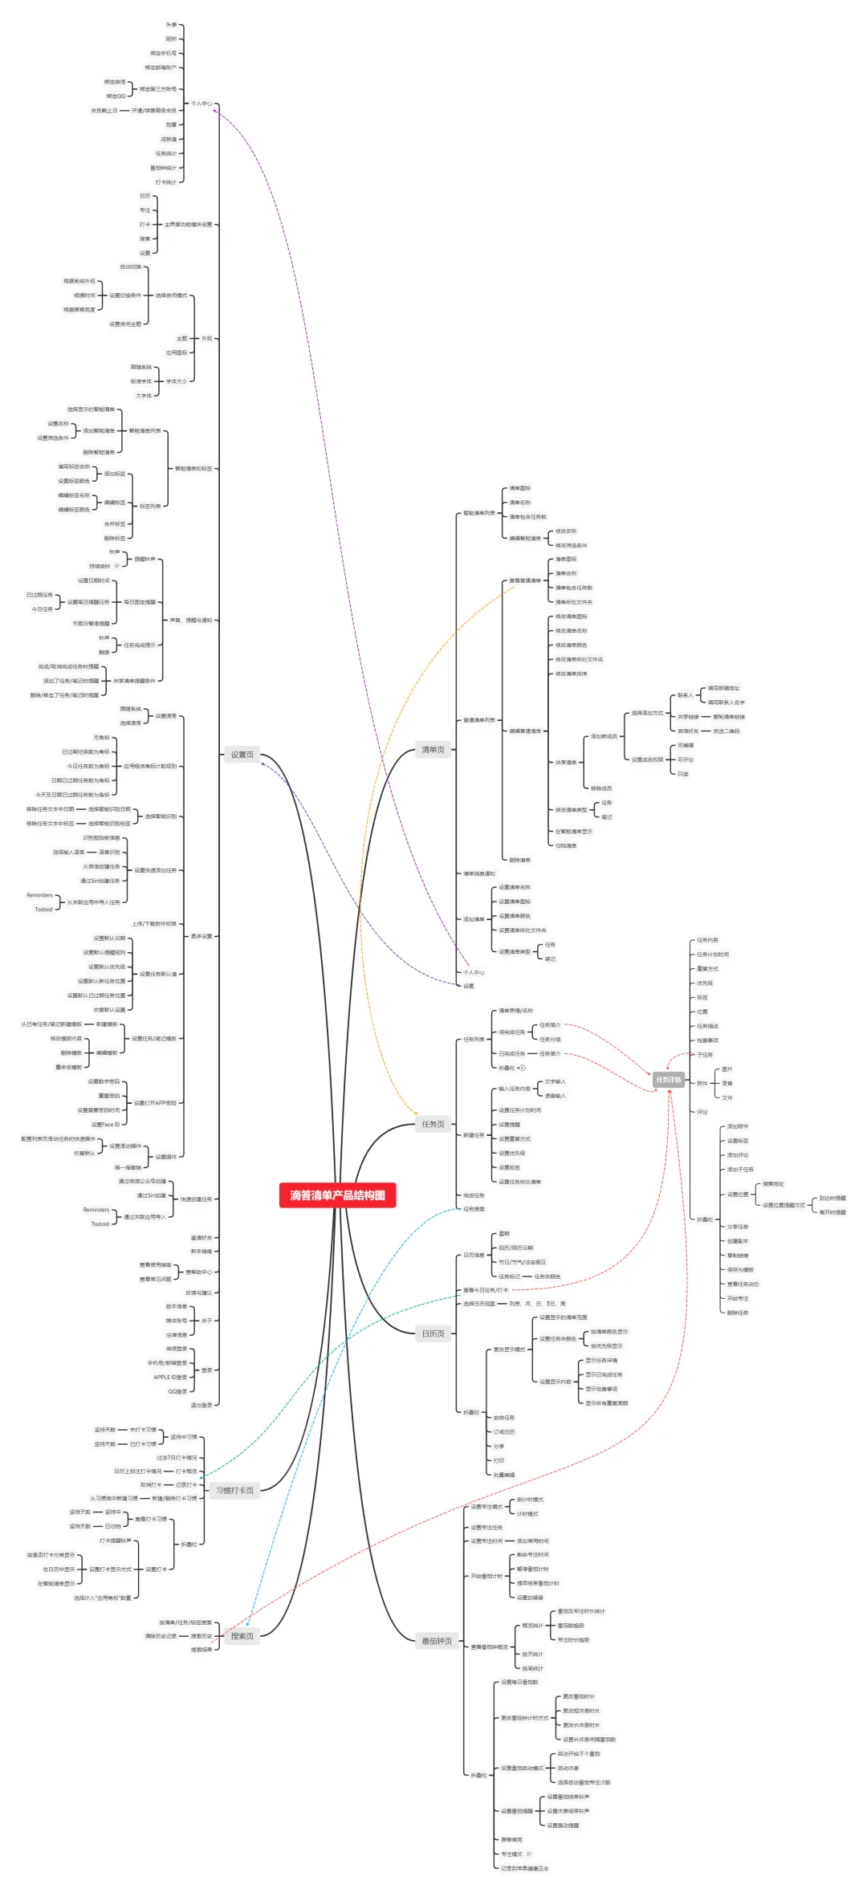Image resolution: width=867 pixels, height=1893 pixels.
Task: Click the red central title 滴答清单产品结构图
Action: [337, 1195]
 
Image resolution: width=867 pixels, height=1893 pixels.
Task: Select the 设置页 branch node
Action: [242, 755]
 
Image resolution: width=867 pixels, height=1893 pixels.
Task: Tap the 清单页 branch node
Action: [433, 750]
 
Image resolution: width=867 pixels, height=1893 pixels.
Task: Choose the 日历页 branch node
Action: [433, 1334]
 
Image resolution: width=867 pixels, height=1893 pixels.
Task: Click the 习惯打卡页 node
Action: [234, 1491]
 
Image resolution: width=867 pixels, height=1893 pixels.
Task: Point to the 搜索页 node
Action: [242, 1636]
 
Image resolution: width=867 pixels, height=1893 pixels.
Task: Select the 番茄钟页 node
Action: [437, 1641]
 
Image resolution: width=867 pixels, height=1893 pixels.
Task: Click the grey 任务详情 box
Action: [668, 1080]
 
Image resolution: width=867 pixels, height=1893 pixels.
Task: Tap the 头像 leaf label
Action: [171, 25]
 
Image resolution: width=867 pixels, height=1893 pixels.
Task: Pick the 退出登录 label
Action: [201, 1405]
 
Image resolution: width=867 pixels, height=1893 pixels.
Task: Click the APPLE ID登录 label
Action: [170, 1377]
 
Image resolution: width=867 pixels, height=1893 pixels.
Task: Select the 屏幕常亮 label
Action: [511, 1839]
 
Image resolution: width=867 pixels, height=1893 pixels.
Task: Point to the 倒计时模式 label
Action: [530, 1499]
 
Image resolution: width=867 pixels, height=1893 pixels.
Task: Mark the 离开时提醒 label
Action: [832, 1212]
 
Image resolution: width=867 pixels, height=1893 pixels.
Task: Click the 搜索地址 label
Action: [773, 1184]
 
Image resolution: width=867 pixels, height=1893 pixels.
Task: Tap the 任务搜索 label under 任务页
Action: [474, 1209]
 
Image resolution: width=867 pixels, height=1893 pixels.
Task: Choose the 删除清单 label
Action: [519, 860]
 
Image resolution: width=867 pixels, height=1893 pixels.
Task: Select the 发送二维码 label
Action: [726, 731]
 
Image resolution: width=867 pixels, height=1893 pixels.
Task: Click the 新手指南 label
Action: [201, 1252]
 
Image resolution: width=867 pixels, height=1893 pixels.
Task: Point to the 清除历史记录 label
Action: [161, 1636]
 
